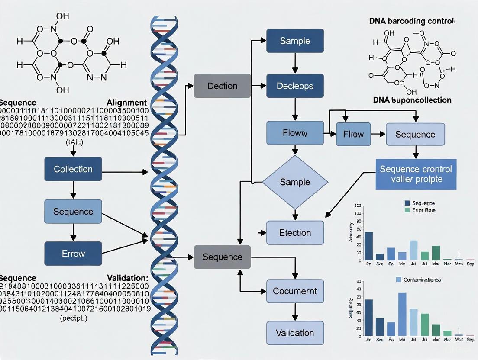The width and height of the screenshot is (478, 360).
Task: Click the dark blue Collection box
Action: point(73,169)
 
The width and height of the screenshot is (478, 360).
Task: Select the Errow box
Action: point(73,254)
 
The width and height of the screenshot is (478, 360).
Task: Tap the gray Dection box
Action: point(222,86)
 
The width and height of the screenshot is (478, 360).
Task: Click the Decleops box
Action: point(295,86)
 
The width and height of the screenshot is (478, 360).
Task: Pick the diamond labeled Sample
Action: point(295,182)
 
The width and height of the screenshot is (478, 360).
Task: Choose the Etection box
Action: point(295,233)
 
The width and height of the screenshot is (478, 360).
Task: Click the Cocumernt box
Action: point(295,291)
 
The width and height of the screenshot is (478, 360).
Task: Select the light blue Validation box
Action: point(295,333)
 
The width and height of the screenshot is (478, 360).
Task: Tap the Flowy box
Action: point(295,133)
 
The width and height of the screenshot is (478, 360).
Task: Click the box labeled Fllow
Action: point(353,134)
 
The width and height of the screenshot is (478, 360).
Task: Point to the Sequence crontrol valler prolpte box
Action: point(416,174)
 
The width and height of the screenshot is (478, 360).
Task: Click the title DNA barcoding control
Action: point(412,21)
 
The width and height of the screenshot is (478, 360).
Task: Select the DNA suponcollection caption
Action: point(412,100)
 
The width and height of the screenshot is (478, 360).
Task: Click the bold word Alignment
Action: point(126,103)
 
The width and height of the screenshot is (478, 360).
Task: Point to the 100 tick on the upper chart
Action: point(358,205)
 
